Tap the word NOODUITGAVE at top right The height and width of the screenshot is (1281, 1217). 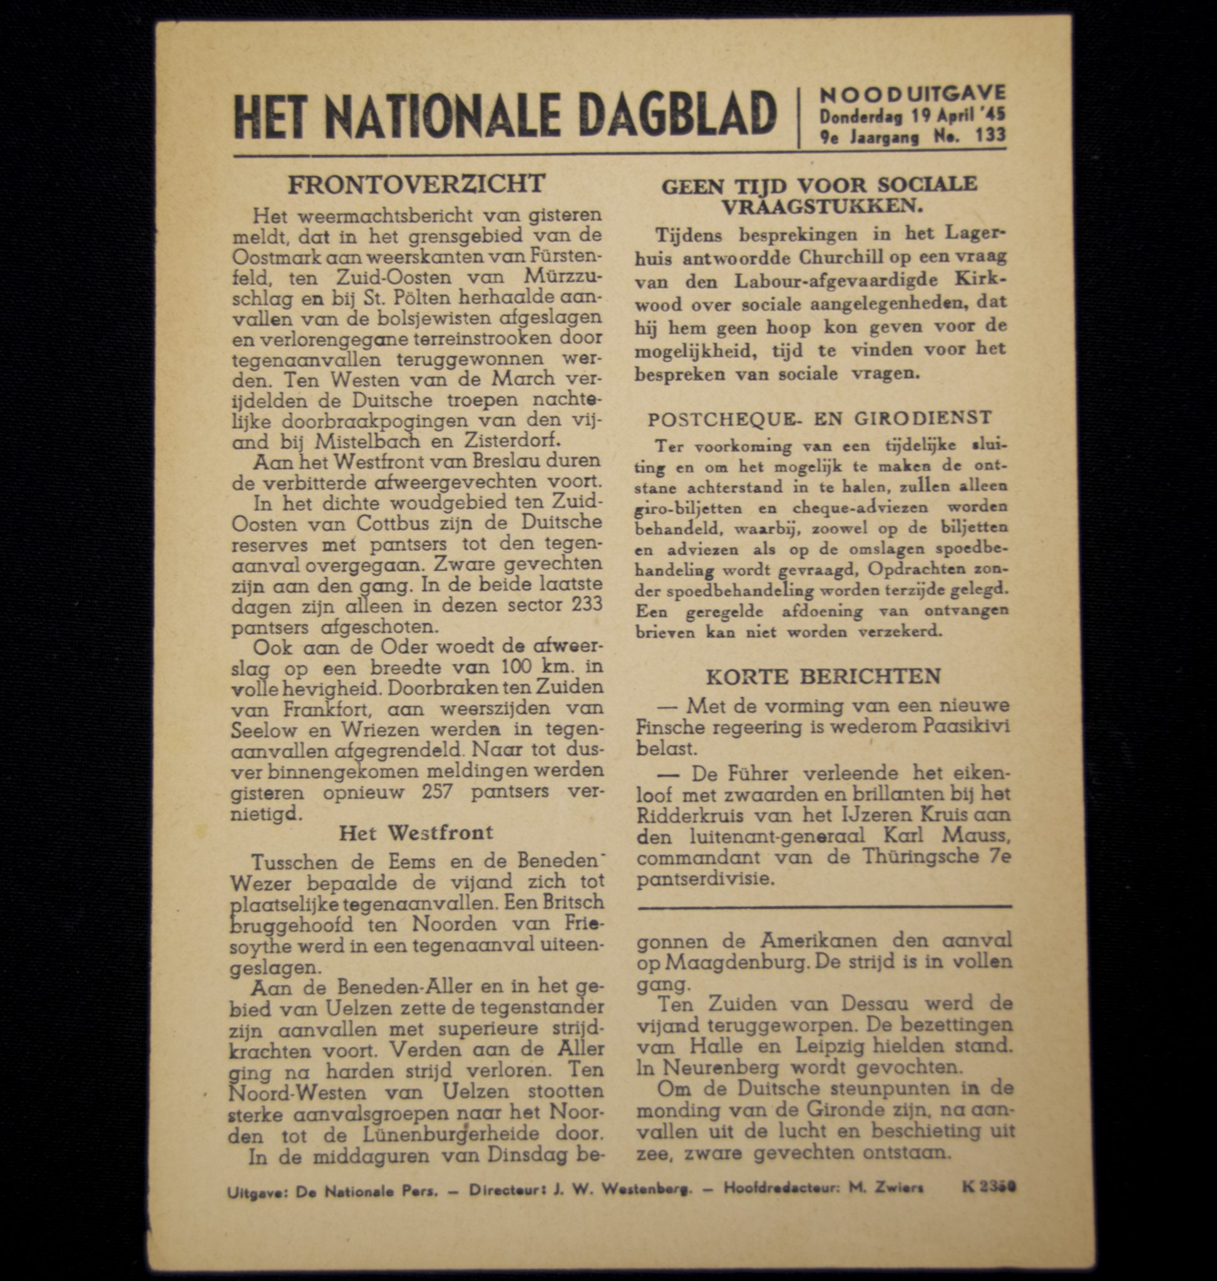coord(913,94)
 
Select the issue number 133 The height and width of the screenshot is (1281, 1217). coord(990,136)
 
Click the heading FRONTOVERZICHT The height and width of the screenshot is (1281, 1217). coord(416,185)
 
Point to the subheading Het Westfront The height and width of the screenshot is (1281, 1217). coord(416,833)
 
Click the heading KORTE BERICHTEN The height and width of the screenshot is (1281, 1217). coord(823,676)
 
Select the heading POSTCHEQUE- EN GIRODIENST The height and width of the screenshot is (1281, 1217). coord(820,419)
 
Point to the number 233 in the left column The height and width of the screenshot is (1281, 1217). coord(587,605)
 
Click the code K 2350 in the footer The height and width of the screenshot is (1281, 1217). coord(989,1187)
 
